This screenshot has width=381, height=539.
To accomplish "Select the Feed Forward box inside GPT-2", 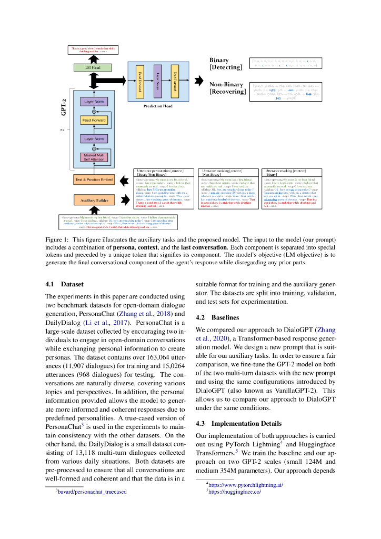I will coord(94,121).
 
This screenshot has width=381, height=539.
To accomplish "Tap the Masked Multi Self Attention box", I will coord(94,156).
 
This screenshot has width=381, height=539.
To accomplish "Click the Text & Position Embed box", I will coord(94,180).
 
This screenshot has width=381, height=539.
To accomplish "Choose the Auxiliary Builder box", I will coord(94,200).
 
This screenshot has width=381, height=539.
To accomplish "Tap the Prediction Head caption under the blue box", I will coord(158,106).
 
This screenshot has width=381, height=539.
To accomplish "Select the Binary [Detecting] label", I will coord(226,64).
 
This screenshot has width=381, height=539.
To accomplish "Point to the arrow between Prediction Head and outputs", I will coord(199,81).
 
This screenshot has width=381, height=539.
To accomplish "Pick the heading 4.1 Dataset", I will coord(65,284).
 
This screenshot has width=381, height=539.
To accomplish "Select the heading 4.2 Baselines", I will coord(217,318).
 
